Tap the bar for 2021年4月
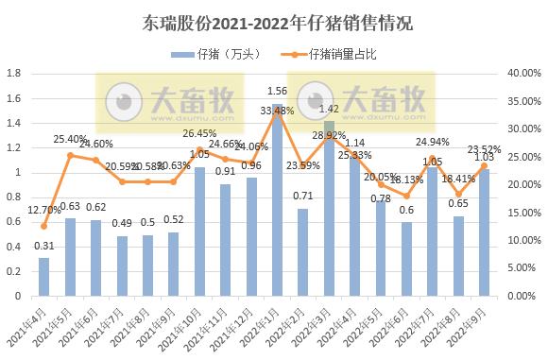43,276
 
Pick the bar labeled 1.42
329,208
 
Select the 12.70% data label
43,211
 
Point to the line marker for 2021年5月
70,155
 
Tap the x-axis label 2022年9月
472,321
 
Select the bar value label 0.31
43,247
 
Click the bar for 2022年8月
458,255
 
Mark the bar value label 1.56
278,92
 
